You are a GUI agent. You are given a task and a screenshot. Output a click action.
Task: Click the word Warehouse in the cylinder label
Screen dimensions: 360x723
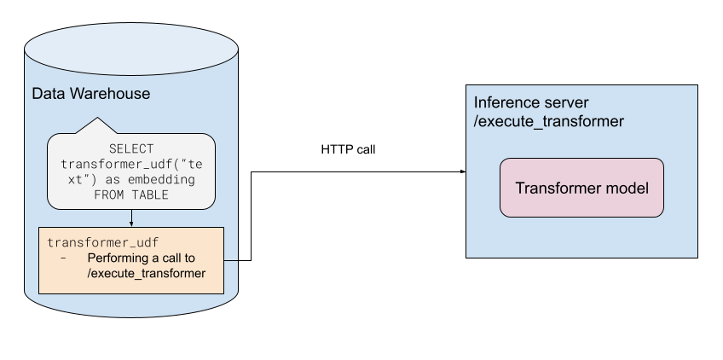[x=108, y=94]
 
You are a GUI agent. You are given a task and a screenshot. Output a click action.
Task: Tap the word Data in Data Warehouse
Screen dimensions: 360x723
[x=48, y=94]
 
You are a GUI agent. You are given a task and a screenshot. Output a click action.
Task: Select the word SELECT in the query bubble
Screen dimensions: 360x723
[x=131, y=148]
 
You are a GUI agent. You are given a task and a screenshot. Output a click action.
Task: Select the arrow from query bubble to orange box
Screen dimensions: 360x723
[x=131, y=218]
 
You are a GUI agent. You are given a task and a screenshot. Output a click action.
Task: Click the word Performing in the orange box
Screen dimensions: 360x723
[x=115, y=258]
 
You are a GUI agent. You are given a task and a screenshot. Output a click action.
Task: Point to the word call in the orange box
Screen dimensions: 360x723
[x=174, y=258]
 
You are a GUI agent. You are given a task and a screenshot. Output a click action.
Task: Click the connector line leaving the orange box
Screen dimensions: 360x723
[x=231, y=259]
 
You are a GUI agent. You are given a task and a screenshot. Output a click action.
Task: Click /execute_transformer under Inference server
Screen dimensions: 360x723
[x=548, y=122]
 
